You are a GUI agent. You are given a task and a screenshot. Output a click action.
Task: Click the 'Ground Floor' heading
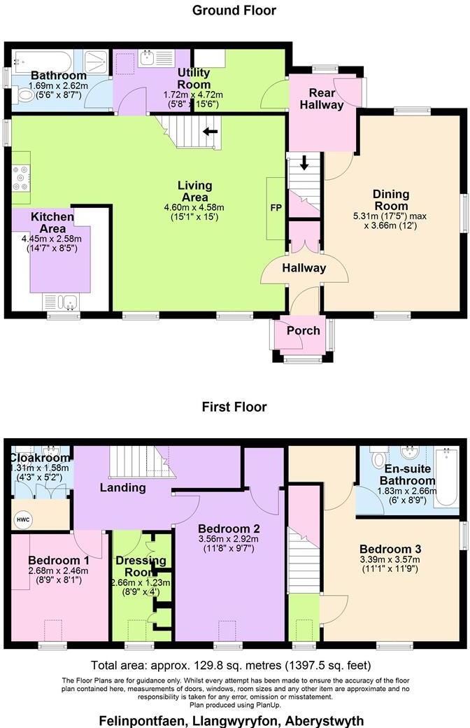tap(234, 10)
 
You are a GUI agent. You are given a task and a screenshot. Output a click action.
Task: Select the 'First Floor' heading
tap(234, 407)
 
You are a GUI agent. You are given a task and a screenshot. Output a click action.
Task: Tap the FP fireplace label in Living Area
tap(276, 209)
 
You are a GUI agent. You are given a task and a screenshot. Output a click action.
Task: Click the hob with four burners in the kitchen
tap(20, 177)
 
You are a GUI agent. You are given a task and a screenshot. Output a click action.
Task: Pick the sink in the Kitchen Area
tap(61, 302)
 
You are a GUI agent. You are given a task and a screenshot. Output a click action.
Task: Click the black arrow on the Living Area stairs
tap(210, 131)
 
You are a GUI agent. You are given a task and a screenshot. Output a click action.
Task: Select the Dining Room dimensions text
tap(391, 220)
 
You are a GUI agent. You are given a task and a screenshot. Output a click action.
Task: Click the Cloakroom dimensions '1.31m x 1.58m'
tap(38, 468)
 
